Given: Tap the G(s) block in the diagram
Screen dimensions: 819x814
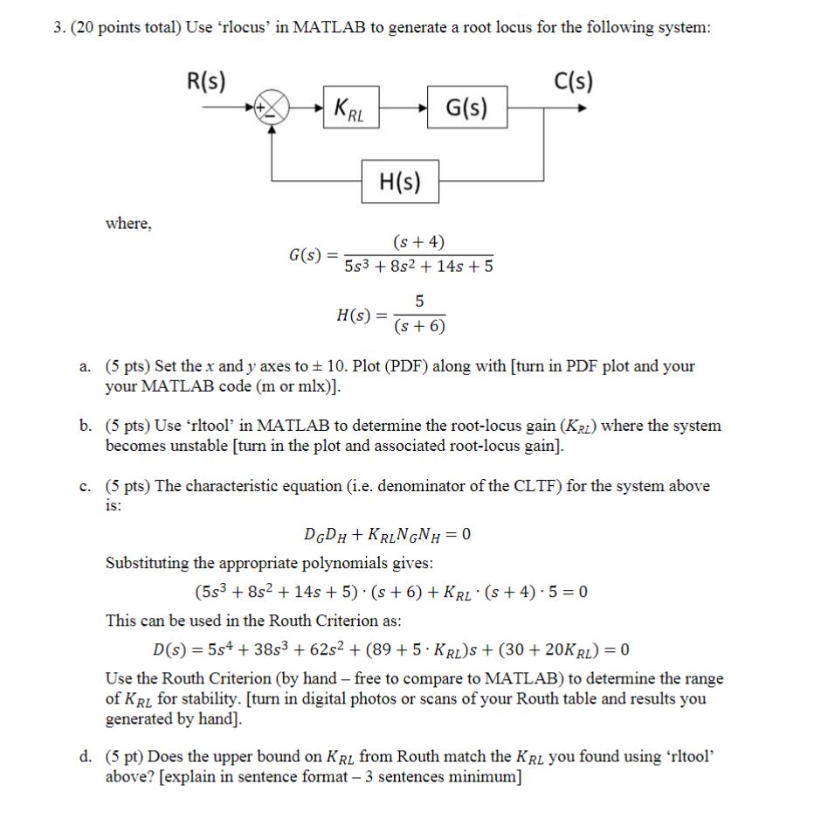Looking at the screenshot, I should tap(466, 108).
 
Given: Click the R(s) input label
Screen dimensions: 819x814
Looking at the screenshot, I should tap(206, 81).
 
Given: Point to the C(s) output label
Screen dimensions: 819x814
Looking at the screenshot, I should tap(573, 81).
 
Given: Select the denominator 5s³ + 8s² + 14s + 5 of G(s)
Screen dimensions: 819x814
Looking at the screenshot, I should tap(418, 266).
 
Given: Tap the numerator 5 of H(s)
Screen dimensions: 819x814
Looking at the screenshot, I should tap(419, 302).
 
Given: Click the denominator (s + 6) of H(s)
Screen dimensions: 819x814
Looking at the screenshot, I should tap(419, 326).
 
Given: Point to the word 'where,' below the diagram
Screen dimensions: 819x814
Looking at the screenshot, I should tap(128, 224).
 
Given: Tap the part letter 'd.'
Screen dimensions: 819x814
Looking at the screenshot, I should tap(86, 757).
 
